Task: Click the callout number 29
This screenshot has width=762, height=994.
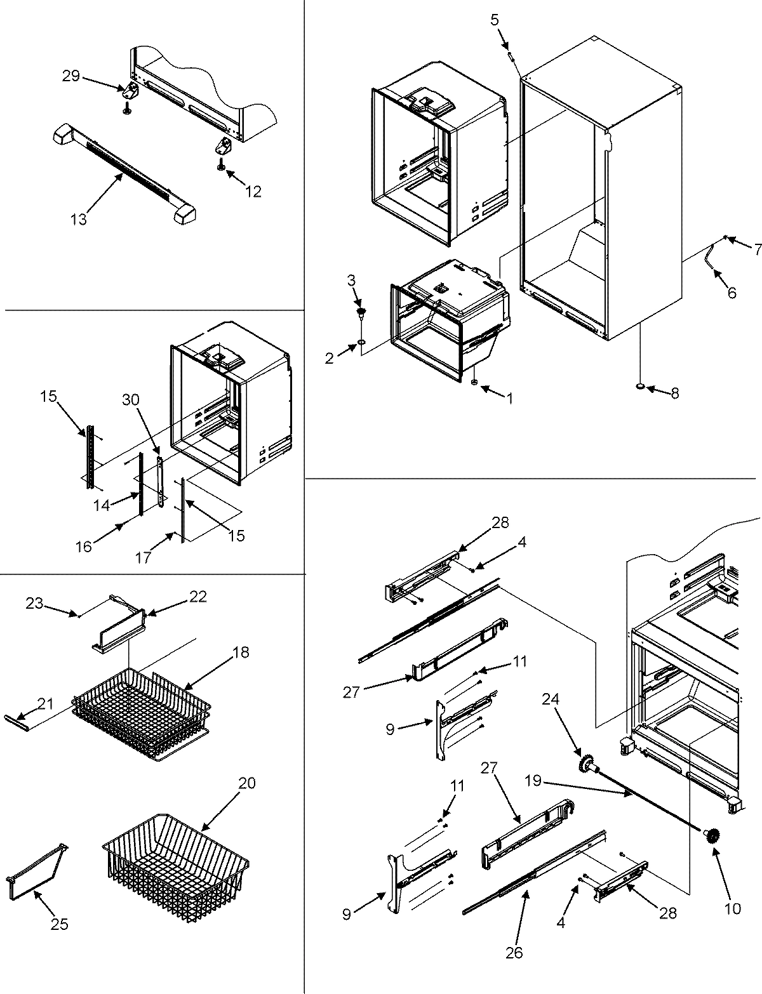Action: point(70,76)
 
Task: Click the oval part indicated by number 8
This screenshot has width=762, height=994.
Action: point(640,386)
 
